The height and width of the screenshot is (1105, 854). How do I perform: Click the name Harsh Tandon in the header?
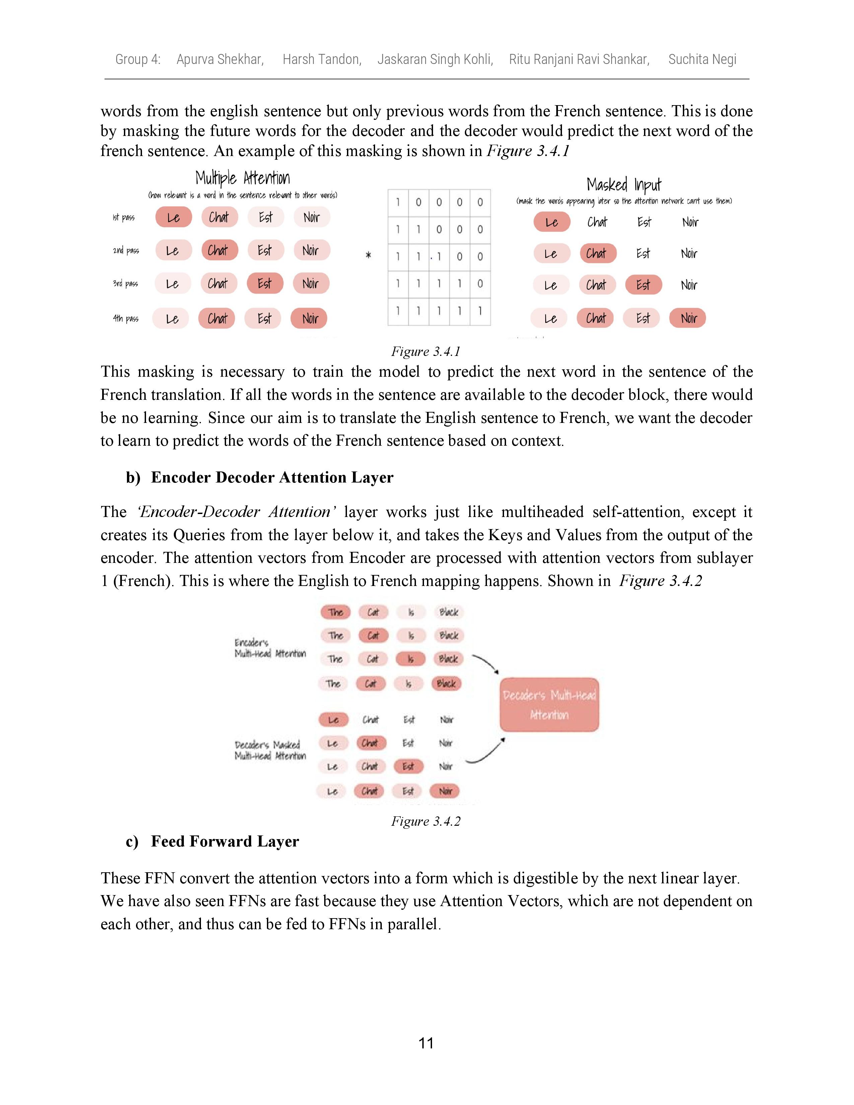(322, 59)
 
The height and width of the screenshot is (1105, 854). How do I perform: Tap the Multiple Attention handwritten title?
(242, 178)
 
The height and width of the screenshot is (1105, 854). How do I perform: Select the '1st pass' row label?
(124, 218)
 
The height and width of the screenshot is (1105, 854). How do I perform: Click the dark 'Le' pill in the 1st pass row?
(173, 218)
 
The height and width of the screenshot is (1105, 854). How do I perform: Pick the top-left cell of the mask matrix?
(398, 202)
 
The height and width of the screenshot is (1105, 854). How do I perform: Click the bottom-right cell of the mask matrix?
(480, 311)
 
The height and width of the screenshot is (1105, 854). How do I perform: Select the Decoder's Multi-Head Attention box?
(549, 705)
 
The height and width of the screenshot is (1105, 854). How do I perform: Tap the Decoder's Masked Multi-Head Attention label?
(270, 750)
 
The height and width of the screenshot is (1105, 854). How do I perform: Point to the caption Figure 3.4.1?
(425, 351)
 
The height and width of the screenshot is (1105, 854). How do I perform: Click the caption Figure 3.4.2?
(425, 821)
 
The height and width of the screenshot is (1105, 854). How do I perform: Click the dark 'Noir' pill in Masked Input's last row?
(688, 318)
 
